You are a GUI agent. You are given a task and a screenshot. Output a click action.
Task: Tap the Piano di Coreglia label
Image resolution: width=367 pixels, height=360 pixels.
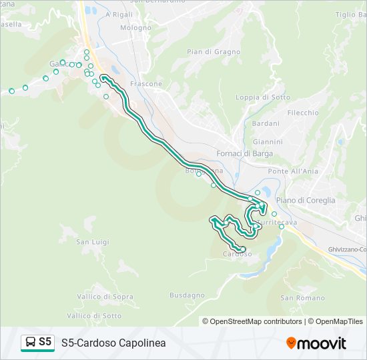pyautogui.click(x=305, y=200)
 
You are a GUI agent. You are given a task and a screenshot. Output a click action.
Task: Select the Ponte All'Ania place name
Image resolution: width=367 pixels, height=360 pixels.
pyautogui.click(x=292, y=171)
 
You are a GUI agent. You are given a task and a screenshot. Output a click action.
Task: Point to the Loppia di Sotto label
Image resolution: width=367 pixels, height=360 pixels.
pyautogui.click(x=263, y=97)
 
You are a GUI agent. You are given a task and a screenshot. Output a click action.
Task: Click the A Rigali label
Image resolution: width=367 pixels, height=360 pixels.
pyautogui.click(x=119, y=14)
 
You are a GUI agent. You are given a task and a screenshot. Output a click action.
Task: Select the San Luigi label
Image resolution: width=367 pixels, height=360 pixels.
pyautogui.click(x=92, y=241)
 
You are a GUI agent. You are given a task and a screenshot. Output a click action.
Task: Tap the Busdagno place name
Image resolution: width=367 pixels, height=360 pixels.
pyautogui.click(x=187, y=295)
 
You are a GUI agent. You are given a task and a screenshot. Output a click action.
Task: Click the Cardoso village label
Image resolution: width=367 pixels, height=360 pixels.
pyautogui.click(x=237, y=254)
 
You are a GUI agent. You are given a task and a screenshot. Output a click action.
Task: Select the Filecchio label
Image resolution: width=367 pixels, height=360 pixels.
pyautogui.click(x=303, y=113)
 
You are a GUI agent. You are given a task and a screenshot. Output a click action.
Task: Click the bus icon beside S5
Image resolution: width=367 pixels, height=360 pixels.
pyautogui.click(x=30, y=343)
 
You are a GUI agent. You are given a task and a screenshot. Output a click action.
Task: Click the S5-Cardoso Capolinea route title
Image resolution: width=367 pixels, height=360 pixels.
pyautogui.click(x=113, y=343)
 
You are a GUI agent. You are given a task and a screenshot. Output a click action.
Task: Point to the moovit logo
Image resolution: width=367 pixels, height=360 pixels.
pyautogui.click(x=316, y=343)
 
